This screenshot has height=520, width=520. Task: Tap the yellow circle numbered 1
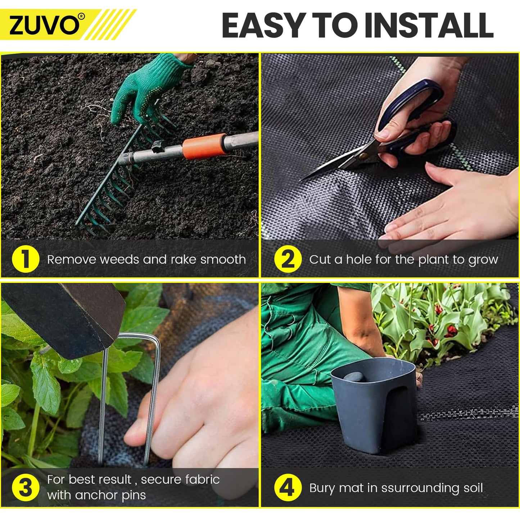[x=26, y=259]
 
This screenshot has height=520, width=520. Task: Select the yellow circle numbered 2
[x=288, y=259]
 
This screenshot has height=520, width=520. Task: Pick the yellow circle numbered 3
[x=26, y=488]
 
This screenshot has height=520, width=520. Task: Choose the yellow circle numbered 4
[x=288, y=488]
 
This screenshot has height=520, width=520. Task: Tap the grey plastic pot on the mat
[x=374, y=403]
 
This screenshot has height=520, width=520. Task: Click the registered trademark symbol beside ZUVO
[x=81, y=16]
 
